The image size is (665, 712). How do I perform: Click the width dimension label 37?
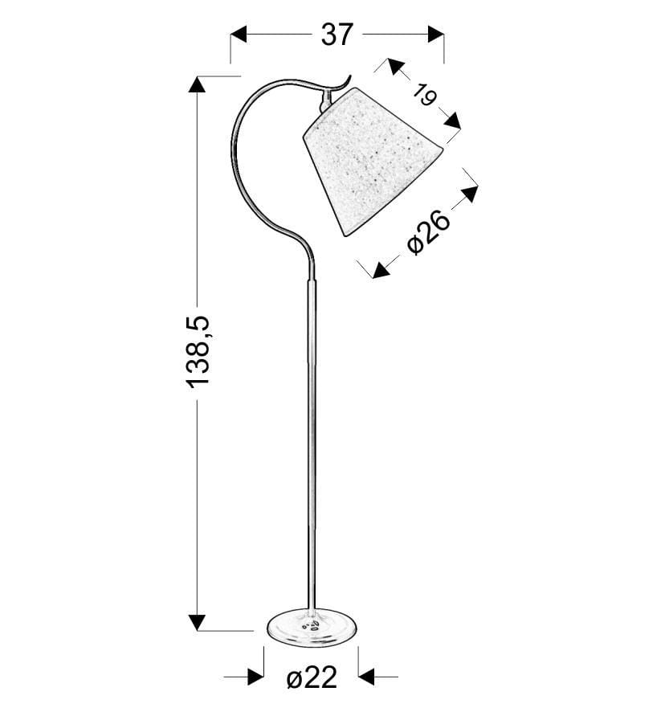click(x=337, y=35)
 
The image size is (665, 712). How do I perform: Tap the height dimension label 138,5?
click(x=198, y=352)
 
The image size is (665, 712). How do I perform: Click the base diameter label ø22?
click(x=312, y=678)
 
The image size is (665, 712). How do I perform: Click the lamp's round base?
click(x=312, y=628)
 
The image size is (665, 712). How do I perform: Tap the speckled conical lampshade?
click(x=372, y=160)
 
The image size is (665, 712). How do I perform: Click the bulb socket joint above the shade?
click(x=324, y=100)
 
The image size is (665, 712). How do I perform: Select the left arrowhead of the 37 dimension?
click(x=239, y=34)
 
